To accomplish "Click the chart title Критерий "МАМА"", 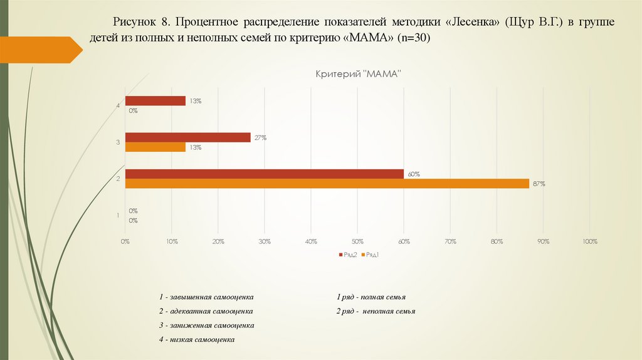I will click(357, 74).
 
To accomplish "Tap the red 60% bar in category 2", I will click(264, 174).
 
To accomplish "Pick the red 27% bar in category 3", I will click(187, 137).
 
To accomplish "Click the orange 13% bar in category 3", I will click(155, 147).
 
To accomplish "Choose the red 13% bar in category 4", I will click(155, 100).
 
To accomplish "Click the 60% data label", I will click(413, 174).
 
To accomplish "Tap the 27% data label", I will click(260, 137).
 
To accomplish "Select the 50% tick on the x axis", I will click(357, 241).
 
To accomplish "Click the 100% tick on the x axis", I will click(589, 241).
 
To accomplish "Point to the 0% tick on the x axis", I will click(125, 241).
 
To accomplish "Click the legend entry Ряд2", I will click(349, 255).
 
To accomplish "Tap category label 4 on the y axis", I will click(118, 106).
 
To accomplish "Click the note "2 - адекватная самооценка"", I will click(206, 311).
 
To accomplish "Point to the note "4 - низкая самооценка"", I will click(197, 339).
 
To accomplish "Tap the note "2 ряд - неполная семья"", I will click(376, 311).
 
